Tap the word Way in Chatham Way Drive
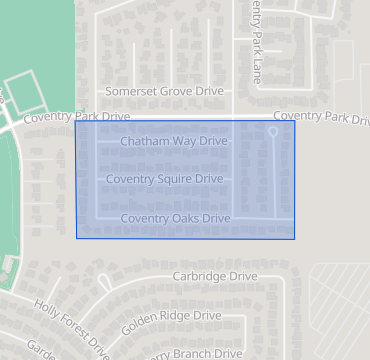point(183,142)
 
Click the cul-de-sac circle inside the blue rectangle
point(274,131)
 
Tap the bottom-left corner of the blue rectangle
point(77,238)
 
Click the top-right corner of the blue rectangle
point(295,121)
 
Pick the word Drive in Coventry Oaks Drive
point(216,218)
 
